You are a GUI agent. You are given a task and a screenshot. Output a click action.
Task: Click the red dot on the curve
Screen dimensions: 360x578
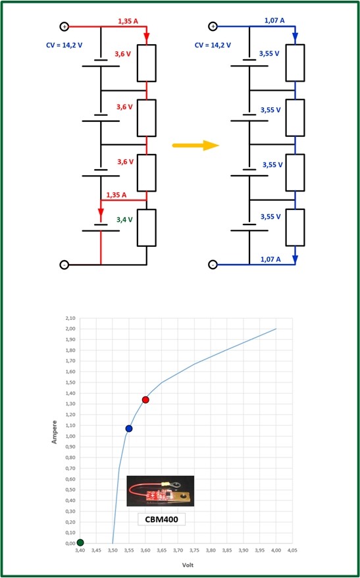[x=145, y=400]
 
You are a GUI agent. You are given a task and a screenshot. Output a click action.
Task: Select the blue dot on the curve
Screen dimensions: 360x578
[x=129, y=429]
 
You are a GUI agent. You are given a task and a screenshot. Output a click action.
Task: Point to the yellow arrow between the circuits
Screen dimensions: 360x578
[x=195, y=145]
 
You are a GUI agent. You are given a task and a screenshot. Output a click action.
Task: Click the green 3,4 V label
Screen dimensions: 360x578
[x=124, y=220]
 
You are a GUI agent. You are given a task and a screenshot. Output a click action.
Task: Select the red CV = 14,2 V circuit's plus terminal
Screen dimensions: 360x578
[x=64, y=26]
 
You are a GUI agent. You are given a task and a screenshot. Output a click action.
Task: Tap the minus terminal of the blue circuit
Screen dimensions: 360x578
[x=213, y=265]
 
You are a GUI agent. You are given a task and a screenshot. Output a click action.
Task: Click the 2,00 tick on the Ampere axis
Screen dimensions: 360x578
[x=70, y=328]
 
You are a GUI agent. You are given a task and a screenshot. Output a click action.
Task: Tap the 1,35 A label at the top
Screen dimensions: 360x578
[x=128, y=22]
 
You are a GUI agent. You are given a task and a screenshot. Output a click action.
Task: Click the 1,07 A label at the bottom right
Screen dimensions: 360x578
[x=270, y=259]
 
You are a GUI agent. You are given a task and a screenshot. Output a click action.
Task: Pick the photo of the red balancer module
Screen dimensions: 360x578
[x=161, y=490]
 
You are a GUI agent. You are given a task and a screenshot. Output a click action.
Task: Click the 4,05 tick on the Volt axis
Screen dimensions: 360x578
[x=293, y=550]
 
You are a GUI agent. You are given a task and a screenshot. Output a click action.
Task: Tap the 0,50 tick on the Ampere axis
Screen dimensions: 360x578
[x=70, y=490]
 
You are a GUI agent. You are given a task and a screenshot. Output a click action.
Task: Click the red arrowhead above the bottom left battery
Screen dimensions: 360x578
[x=101, y=213]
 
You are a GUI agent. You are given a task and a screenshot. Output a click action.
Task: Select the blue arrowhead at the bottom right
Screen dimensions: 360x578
[x=295, y=261]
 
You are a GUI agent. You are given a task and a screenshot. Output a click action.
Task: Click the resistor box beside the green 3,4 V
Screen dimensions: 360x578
[x=147, y=227]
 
